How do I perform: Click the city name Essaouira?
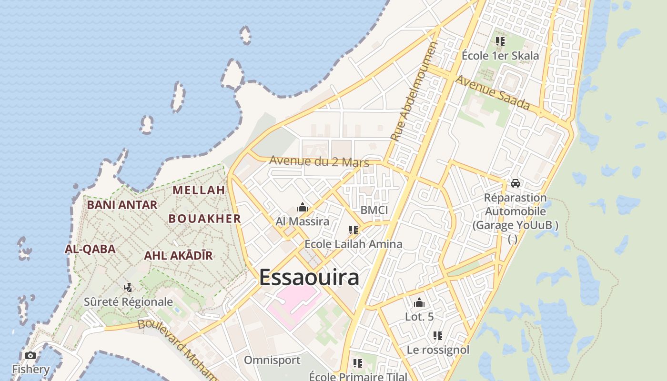point(309,277)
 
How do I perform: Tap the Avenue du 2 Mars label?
point(319,161)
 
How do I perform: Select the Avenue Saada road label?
point(493,92)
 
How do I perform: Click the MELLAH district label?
point(199,190)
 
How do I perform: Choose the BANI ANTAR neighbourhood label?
point(122,205)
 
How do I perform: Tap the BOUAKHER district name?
point(204,219)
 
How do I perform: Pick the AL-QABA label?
point(90,249)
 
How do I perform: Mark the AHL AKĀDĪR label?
point(178,255)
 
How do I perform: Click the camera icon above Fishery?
point(30,356)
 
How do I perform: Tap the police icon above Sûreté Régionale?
point(128,287)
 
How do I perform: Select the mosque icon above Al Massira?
point(302,208)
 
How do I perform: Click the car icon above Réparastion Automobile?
point(515,183)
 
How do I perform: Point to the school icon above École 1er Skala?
point(500,41)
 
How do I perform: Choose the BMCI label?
point(374,210)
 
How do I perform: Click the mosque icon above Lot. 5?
point(419,302)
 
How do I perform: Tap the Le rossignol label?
point(438,350)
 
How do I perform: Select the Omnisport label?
point(272,360)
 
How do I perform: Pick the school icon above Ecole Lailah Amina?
point(353,230)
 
